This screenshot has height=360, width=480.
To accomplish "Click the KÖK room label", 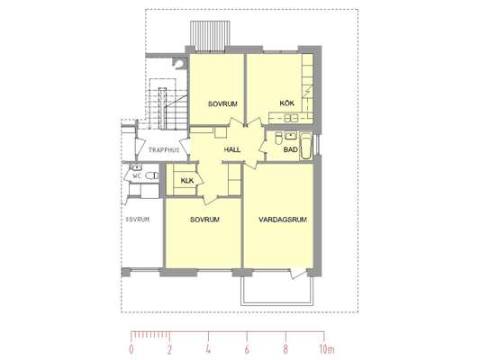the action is [x=287, y=103].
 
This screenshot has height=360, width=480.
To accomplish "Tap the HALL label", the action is [x=232, y=150].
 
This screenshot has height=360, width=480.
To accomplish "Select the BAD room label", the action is [x=290, y=150].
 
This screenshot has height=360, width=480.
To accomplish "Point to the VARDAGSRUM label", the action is [x=283, y=220].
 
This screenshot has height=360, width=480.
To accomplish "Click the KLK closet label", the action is [x=187, y=181].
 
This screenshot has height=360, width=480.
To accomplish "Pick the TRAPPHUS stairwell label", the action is [x=164, y=150].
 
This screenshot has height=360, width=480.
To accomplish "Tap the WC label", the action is [x=137, y=175].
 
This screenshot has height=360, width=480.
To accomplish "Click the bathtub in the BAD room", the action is [x=306, y=146].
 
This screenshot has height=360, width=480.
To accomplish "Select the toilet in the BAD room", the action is [x=278, y=138].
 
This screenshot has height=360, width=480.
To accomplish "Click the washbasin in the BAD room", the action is [x=290, y=135].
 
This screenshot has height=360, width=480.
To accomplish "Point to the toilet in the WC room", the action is [x=152, y=175].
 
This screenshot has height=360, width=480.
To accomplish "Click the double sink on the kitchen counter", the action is [x=291, y=118].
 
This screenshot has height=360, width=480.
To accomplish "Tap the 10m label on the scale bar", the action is [x=327, y=349].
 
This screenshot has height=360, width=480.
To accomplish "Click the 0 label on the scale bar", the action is [x=131, y=349].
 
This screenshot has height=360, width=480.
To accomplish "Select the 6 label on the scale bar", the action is [x=247, y=349].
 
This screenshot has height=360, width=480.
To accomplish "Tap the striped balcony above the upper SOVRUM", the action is [x=210, y=36].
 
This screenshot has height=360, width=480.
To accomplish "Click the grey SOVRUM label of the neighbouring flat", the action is [x=138, y=220].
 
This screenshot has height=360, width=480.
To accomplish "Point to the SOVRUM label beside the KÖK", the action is [x=222, y=104].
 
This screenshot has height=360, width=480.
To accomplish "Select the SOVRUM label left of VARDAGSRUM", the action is [x=204, y=220].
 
